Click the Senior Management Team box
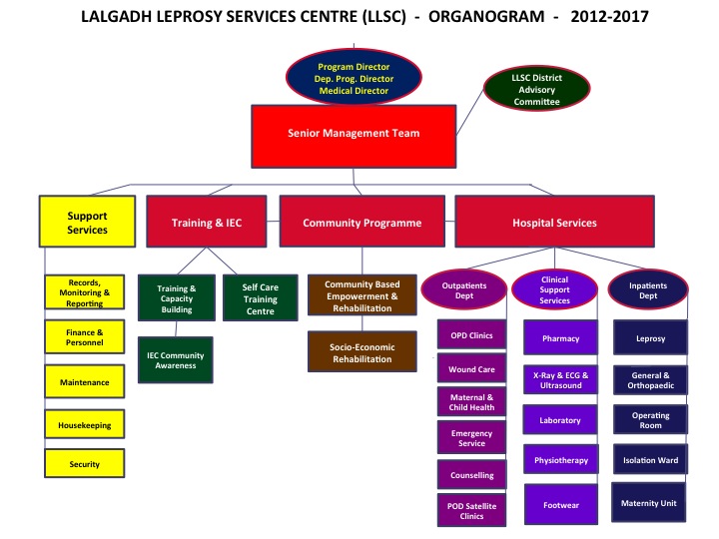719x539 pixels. tap(354, 136)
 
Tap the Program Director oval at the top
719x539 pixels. tap(354, 77)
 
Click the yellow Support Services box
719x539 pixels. tap(87, 222)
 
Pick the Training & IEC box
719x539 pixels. tap(207, 222)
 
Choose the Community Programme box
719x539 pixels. tap(361, 222)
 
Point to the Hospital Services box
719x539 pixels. tap(554, 222)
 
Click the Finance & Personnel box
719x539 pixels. tap(84, 337)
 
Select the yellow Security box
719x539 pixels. tap(84, 463)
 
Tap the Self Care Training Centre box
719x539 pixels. tap(260, 297)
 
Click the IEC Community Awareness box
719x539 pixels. tap(175, 359)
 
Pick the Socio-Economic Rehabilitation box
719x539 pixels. tap(361, 351)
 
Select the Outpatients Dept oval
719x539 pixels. tap(463, 289)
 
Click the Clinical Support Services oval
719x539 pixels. tap(554, 289)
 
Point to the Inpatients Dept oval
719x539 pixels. tap(648, 289)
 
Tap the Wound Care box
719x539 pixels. tap(471, 368)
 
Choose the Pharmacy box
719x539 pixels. tap(560, 337)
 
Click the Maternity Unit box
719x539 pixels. tap(648, 502)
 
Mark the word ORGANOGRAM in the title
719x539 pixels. tap(486, 17)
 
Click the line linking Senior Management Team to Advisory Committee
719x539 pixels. tap(470, 112)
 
